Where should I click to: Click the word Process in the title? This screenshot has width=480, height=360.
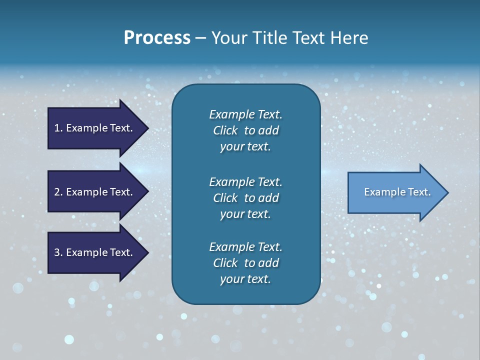[157, 38]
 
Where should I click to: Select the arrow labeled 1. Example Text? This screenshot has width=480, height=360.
[93, 128]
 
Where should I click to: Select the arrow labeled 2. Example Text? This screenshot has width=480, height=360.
[93, 192]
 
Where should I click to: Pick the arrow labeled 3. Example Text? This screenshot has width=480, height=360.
[93, 252]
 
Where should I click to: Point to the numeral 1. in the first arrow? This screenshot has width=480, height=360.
[58, 128]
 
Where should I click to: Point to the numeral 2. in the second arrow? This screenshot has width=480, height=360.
[58, 192]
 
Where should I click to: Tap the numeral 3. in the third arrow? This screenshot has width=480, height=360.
[58, 252]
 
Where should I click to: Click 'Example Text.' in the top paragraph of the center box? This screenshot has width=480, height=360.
[245, 114]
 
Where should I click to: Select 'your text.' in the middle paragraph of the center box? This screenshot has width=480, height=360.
[245, 214]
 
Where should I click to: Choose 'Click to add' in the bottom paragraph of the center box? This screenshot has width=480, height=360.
[245, 263]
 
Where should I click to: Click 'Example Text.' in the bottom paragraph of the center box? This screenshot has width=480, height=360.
[245, 247]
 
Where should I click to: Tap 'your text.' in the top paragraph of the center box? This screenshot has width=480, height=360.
[245, 146]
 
